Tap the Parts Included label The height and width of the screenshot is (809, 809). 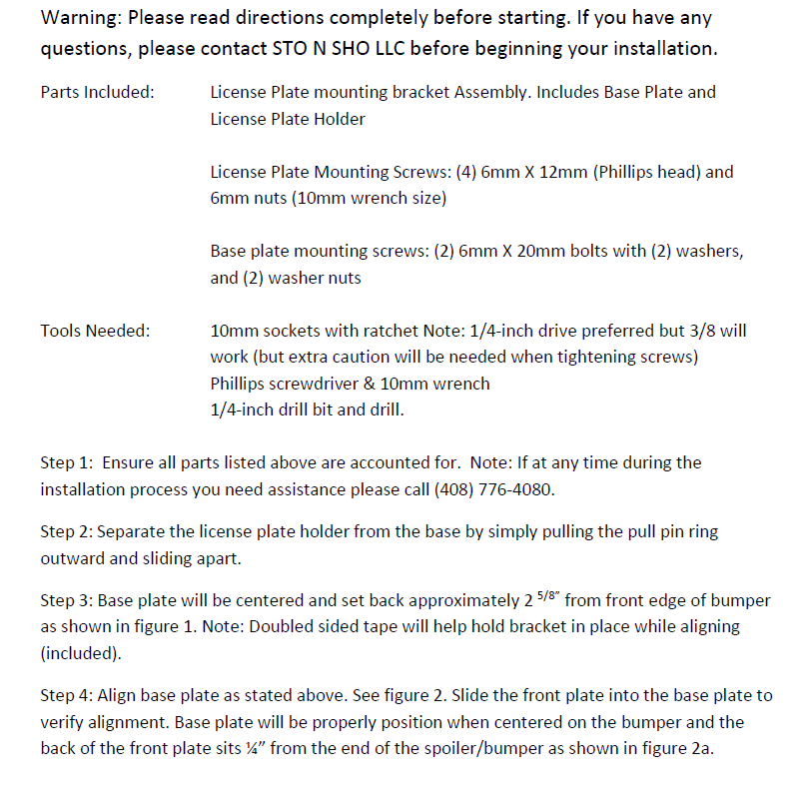tap(97, 92)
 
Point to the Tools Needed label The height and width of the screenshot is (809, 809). tap(95, 331)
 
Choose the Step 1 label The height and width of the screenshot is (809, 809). tap(67, 462)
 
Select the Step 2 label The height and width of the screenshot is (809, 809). tap(67, 532)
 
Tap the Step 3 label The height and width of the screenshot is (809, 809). tap(67, 601)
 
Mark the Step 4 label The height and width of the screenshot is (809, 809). tap(67, 696)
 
